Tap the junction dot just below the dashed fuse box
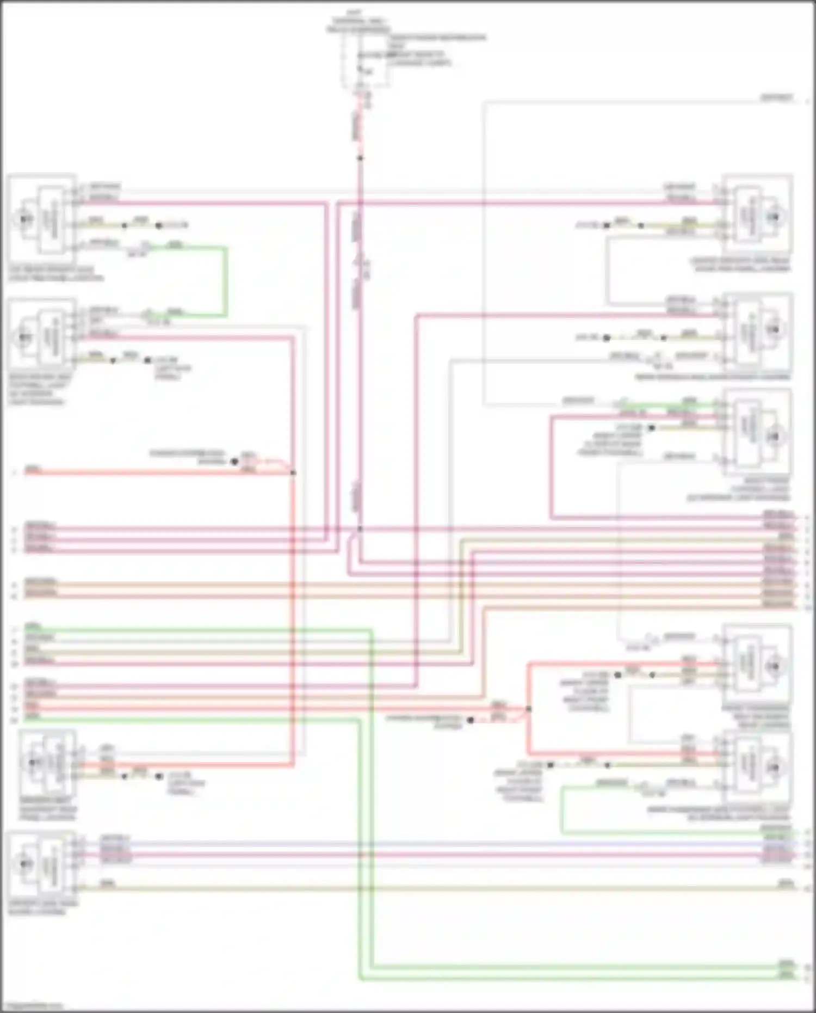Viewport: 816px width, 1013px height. [x=360, y=158]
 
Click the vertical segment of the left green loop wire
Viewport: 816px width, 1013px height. [x=225, y=281]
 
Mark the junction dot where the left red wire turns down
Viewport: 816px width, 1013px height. [x=293, y=472]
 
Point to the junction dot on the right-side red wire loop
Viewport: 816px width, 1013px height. [x=528, y=709]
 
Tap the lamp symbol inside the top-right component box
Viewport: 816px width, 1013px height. [x=773, y=217]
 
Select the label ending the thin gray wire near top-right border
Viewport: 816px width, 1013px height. [x=776, y=98]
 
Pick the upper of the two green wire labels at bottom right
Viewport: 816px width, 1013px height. [x=786, y=962]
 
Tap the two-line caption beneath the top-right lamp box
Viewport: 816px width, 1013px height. [x=740, y=265]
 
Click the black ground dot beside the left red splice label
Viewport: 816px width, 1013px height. [x=234, y=462]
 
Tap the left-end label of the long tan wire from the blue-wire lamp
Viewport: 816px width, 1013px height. [x=107, y=882]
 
